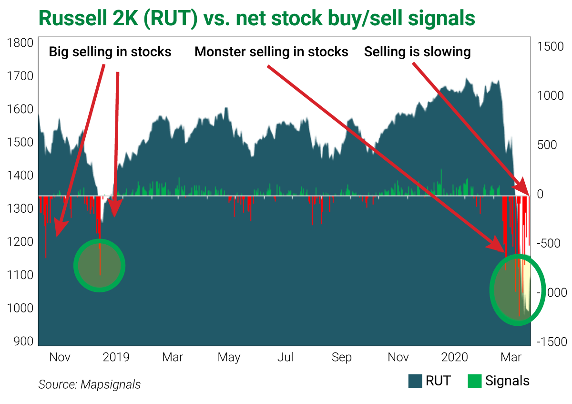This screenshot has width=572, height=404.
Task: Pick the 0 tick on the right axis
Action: [x=540, y=195]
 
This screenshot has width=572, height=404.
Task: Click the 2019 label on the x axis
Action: [x=116, y=357]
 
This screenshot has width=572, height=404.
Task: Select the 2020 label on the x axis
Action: [x=455, y=357]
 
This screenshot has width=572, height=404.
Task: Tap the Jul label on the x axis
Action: [x=286, y=357]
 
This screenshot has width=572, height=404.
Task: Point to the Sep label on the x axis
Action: [x=341, y=357]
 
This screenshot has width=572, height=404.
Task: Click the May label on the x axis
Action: [x=229, y=357]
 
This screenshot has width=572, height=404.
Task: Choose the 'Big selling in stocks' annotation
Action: [x=110, y=52]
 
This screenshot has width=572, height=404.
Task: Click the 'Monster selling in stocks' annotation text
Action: [x=271, y=52]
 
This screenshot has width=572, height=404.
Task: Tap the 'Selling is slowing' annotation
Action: [x=418, y=52]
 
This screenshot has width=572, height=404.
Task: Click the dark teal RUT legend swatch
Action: [x=415, y=381]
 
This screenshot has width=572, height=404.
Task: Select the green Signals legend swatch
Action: [x=474, y=381]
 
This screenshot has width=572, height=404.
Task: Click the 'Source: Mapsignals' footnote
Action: [x=89, y=384]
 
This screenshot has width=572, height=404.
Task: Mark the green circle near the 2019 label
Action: [x=99, y=266]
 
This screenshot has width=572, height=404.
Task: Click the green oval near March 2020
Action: [x=517, y=290]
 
